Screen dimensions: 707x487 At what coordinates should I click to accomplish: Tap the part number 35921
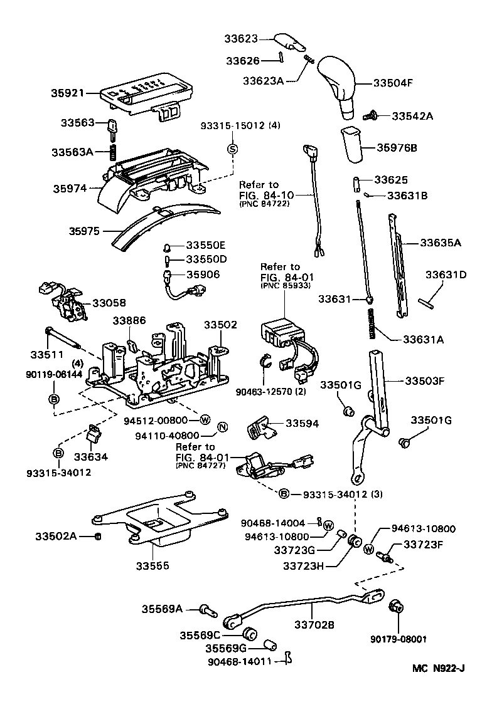point(68,93)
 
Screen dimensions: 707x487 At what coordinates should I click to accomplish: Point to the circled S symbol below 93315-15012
point(232,149)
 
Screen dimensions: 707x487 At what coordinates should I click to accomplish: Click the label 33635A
point(440,243)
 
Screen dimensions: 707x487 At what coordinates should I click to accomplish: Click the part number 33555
point(154,566)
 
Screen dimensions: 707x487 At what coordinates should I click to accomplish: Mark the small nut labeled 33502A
point(98,537)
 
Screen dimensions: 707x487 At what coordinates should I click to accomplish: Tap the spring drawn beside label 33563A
point(114,152)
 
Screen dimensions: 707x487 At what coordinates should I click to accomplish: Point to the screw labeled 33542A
point(370,115)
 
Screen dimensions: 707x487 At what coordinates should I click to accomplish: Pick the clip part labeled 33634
point(94,433)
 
